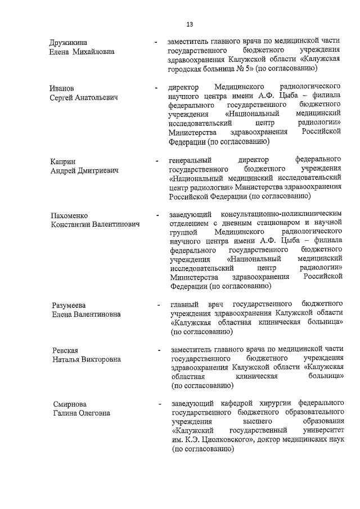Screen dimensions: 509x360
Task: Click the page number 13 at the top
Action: [190, 24]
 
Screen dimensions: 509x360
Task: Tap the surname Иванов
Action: [64, 88]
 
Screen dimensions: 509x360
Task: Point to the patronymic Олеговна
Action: [94, 413]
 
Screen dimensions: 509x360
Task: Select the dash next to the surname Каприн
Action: [156, 162]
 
